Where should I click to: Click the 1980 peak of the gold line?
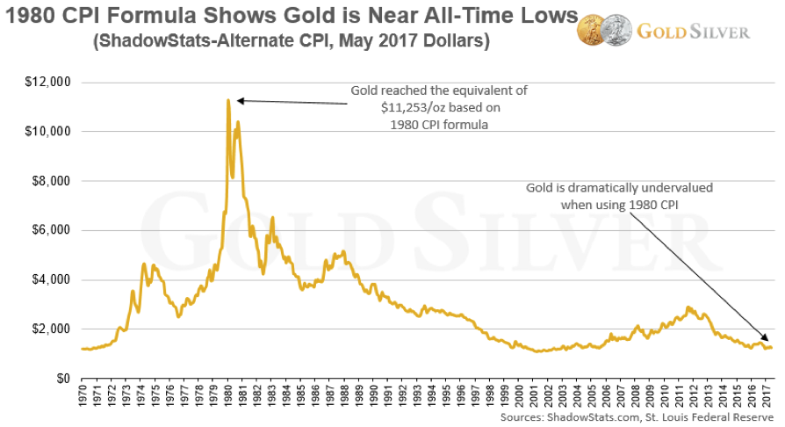tap(228, 100)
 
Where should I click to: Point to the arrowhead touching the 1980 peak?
tap(240, 100)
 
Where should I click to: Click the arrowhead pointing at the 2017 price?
tap(765, 338)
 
